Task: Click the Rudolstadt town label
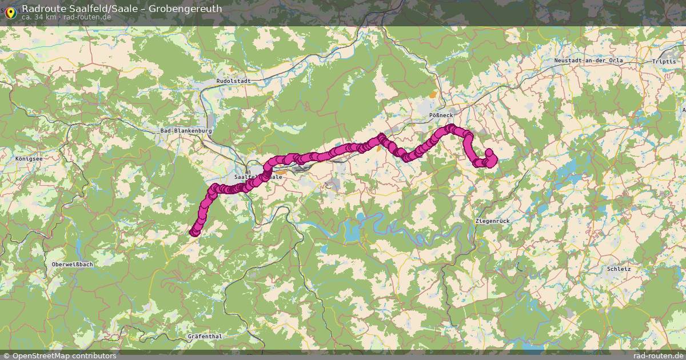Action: pyautogui.click(x=233, y=81)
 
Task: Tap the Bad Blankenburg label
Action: pyautogui.click(x=186, y=131)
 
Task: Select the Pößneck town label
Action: pyautogui.click(x=441, y=115)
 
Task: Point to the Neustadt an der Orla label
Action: pyautogui.click(x=588, y=61)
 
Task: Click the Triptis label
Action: pyautogui.click(x=663, y=61)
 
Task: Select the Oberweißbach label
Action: pyautogui.click(x=72, y=265)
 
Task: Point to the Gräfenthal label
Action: pyautogui.click(x=205, y=337)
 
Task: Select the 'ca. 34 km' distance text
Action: pyautogui.click(x=39, y=17)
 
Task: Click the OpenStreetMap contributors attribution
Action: pyautogui.click(x=59, y=355)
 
